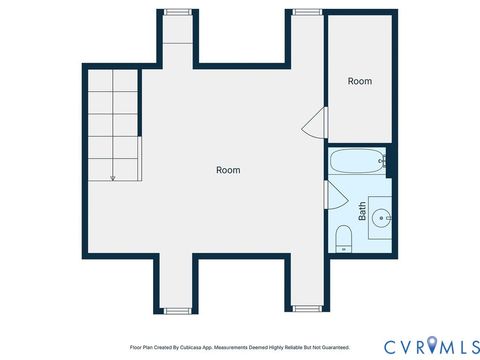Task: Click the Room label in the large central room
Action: (228, 170)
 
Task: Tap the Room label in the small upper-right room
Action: (360, 81)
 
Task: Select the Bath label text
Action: (362, 211)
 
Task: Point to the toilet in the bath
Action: (343, 237)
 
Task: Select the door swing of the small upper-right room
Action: (316, 124)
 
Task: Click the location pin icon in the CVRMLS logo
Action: (432, 345)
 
